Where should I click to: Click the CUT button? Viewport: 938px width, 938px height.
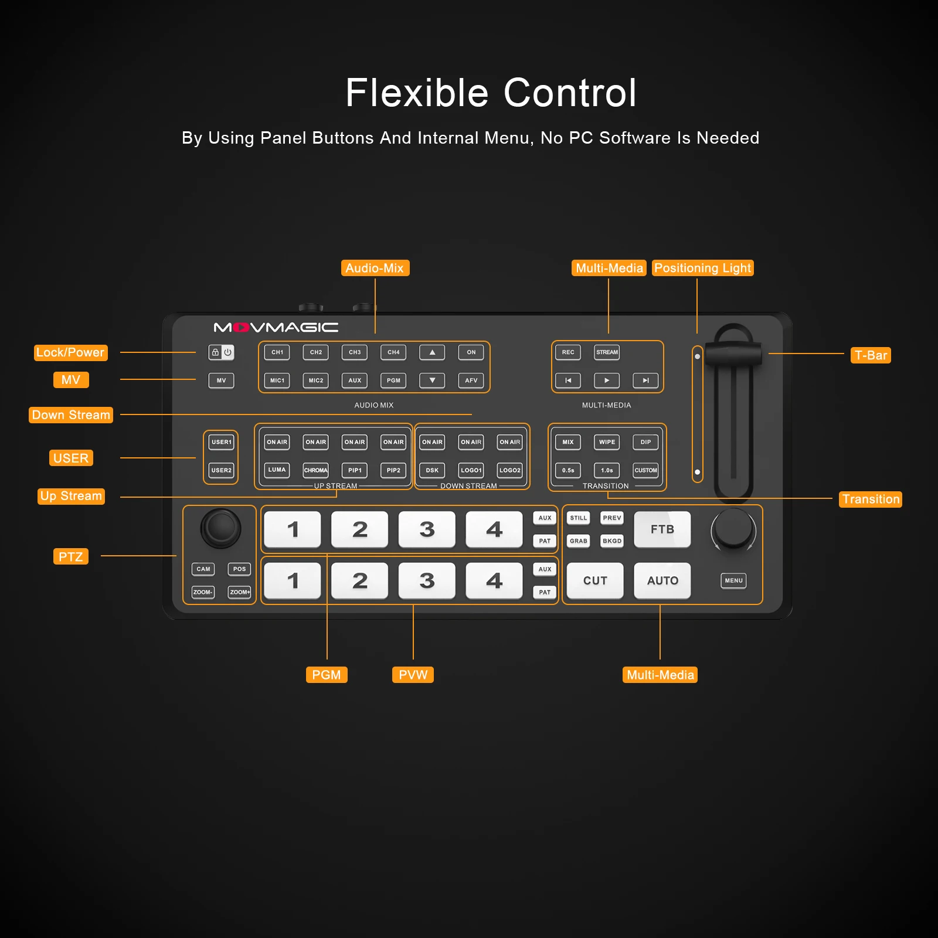tap(595, 580)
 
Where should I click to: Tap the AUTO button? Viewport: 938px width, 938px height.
tap(662, 580)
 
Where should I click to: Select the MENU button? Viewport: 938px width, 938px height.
tap(733, 580)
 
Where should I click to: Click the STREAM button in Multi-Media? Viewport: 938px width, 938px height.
tap(607, 352)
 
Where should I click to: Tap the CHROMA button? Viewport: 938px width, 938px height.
tap(316, 470)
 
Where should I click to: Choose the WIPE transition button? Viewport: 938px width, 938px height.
tap(607, 442)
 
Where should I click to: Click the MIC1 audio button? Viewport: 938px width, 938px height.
tap(277, 380)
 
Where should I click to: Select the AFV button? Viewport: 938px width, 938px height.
tap(471, 380)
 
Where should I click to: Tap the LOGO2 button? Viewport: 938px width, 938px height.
tap(510, 470)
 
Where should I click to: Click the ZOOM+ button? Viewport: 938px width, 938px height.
tap(239, 592)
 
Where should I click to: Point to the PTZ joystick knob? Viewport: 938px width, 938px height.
tap(221, 528)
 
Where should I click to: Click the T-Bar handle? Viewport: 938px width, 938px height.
tap(733, 354)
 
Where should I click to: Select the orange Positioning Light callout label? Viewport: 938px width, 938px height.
tap(703, 268)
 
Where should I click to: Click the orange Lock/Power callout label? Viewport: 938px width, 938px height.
tap(70, 352)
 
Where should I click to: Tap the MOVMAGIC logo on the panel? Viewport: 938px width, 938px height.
tap(276, 327)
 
